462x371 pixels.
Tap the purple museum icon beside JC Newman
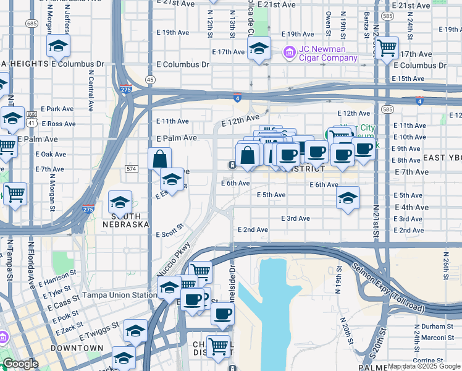(x=288, y=54)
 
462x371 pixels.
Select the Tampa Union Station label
(x=117, y=295)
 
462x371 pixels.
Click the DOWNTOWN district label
(x=77, y=348)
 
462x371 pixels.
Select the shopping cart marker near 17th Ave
(x=387, y=47)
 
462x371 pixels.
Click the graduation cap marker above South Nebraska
(x=120, y=202)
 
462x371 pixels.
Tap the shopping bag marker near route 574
(x=159, y=158)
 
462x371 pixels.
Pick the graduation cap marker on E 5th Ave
(x=348, y=198)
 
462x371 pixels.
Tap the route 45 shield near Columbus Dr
(x=150, y=79)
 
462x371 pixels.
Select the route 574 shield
(x=130, y=168)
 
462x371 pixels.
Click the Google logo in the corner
(x=20, y=364)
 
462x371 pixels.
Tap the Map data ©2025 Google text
(x=424, y=367)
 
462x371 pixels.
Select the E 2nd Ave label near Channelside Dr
(x=253, y=229)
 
